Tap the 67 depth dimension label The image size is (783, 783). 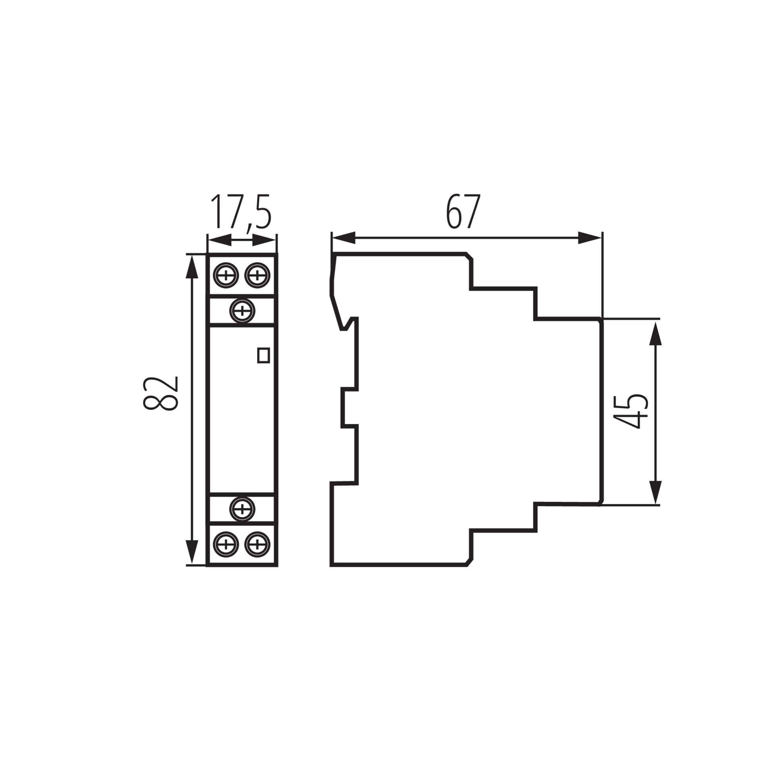(x=463, y=212)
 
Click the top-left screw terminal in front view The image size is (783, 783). (x=226, y=276)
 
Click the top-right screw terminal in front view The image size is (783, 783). (x=257, y=276)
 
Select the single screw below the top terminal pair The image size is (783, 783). (x=242, y=311)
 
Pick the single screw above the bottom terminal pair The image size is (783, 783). (x=242, y=509)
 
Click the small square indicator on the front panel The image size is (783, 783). (x=263, y=355)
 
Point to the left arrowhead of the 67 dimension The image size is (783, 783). (x=343, y=238)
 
